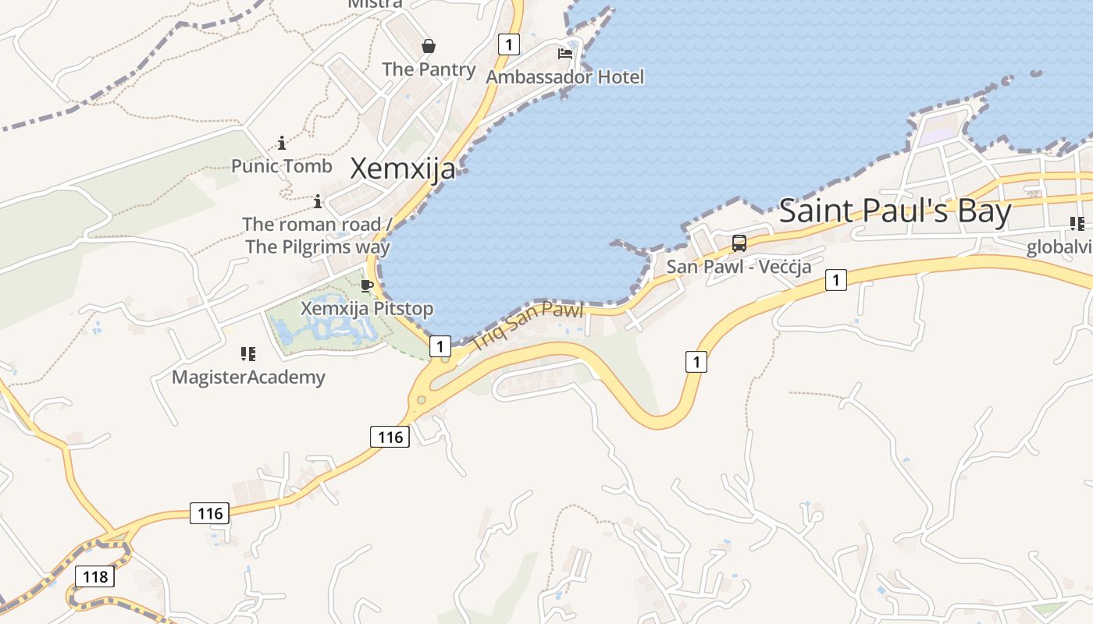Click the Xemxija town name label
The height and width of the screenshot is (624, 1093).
[402, 168]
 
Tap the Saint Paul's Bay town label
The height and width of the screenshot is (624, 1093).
[895, 211]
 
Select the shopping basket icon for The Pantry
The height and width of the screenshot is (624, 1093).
[429, 46]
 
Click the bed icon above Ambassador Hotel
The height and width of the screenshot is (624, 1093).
[565, 54]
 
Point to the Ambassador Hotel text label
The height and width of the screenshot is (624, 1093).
[565, 76]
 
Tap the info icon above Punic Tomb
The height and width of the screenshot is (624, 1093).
[282, 143]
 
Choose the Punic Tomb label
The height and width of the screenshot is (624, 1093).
[282, 166]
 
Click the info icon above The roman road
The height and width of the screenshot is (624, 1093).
[318, 202]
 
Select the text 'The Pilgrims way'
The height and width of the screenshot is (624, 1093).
[317, 246]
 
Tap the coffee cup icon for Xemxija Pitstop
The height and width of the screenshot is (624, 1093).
[367, 285]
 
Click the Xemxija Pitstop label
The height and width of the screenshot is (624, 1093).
[367, 309]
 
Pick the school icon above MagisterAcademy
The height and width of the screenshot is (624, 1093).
[248, 354]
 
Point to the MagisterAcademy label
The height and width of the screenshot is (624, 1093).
[248, 378]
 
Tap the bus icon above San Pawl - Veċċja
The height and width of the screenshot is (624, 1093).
[739, 243]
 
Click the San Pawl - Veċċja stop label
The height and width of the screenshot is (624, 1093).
[739, 267]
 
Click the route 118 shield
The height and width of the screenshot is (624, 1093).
[94, 576]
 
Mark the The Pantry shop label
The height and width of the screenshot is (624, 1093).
[429, 69]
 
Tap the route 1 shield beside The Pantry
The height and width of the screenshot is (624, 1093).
[508, 44]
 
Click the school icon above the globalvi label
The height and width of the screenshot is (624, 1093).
[1077, 225]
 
